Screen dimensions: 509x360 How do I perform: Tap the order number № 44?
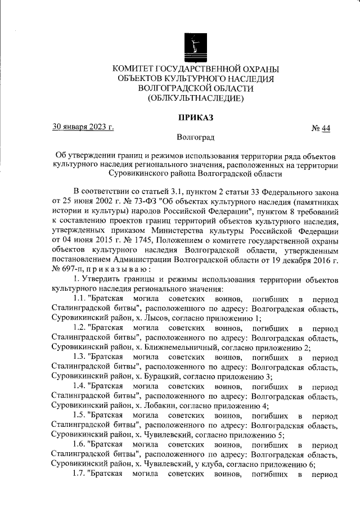(x=321, y=129)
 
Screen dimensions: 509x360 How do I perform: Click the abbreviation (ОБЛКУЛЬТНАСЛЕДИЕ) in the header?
(x=195, y=98)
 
